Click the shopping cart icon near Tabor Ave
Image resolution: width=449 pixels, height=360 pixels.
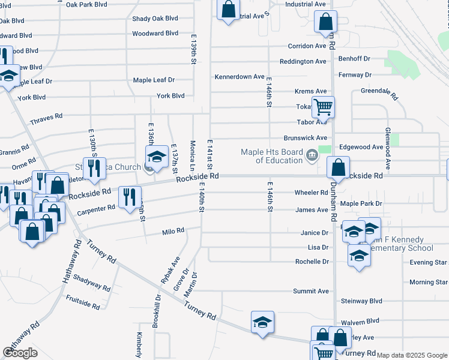pyautogui.click(x=324, y=107)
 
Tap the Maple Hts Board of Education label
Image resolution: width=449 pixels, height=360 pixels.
pyautogui.click(x=272, y=156)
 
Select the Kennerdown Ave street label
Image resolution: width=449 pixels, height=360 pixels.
pyautogui.click(x=240, y=77)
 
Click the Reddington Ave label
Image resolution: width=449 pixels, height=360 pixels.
pyautogui.click(x=303, y=62)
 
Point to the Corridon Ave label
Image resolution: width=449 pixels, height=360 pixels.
pyautogui.click(x=306, y=46)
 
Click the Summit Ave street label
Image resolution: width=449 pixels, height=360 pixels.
pyautogui.click(x=310, y=292)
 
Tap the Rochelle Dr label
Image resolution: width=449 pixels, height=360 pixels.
pyautogui.click(x=312, y=262)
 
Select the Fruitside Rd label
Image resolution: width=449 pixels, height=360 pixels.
pyautogui.click(x=82, y=305)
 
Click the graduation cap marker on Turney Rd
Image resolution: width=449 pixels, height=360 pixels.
pyautogui.click(x=262, y=322)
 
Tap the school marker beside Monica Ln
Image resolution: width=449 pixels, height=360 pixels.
pyautogui.click(x=156, y=157)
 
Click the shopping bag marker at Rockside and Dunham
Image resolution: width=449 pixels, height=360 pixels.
pyautogui.click(x=339, y=166)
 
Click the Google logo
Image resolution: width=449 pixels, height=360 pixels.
pyautogui.click(x=20, y=353)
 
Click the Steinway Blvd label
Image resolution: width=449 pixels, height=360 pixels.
pyautogui.click(x=361, y=301)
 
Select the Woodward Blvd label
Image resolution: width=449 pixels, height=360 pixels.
pyautogui.click(x=155, y=34)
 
